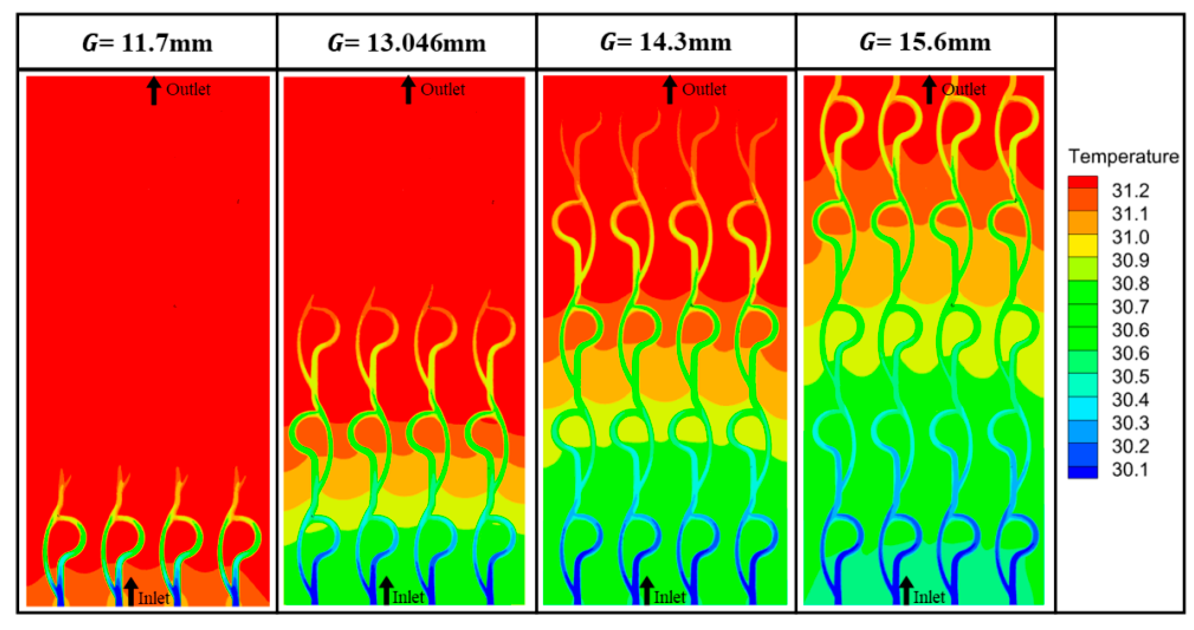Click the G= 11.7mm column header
[x=148, y=43]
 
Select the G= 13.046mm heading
[x=406, y=43]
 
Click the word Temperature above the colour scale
[x=1124, y=157]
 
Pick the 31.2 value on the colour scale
[x=1131, y=190]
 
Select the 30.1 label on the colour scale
[x=1131, y=470]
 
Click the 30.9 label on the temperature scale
[x=1131, y=260]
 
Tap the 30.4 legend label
[x=1131, y=400]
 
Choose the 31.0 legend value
[x=1131, y=237]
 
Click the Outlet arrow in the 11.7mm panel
[x=154, y=91]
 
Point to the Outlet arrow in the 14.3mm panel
[x=669, y=90]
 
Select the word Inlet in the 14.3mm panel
[x=669, y=597]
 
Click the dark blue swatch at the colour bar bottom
[x=1083, y=472]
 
